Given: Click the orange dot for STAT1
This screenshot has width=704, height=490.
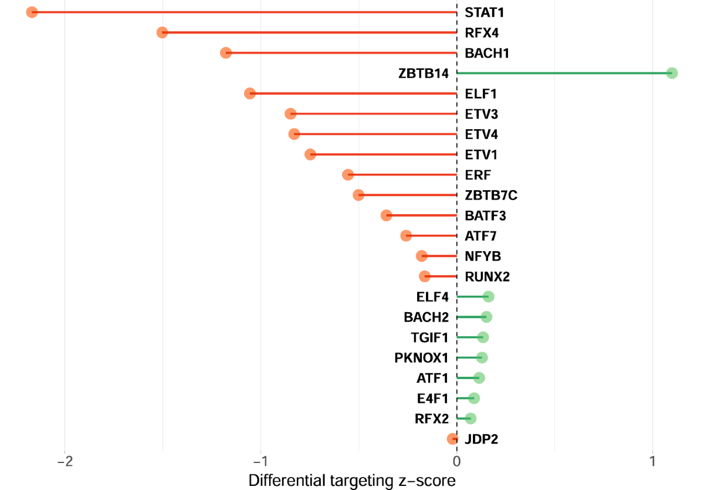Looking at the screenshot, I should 32,12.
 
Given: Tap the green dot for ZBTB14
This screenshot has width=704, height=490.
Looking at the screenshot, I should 672,73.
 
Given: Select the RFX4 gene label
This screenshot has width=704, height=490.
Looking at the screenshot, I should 482,32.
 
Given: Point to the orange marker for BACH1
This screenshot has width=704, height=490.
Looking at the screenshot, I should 226,53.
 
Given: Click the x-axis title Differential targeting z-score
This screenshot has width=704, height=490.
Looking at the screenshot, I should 352,480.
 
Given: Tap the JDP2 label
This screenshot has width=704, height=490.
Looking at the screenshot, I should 481,439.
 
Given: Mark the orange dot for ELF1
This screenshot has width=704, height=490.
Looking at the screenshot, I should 250,93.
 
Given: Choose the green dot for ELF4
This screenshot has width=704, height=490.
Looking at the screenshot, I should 488,297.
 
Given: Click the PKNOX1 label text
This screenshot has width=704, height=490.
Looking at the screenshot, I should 421,358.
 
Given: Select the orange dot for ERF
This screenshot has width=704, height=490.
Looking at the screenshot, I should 348,175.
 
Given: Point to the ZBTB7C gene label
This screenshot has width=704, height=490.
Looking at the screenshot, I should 491,195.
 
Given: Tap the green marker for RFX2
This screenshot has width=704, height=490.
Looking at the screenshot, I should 470,418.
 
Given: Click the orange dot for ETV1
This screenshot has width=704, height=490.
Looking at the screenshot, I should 311,154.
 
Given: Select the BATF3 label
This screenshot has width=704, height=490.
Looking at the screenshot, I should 485,215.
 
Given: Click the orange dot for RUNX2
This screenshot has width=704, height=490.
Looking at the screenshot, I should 425,276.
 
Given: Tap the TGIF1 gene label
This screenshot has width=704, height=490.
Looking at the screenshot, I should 429,337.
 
